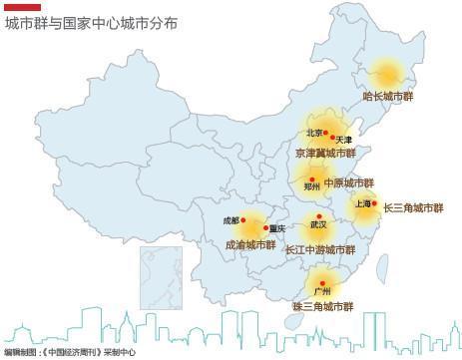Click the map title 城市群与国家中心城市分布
[91, 22]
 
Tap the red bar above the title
[22, 7]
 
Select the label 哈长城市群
[388, 97]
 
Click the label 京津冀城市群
[325, 154]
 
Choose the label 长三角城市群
[413, 208]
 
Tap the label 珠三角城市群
[323, 305]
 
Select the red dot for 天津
[334, 138]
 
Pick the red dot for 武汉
[319, 215]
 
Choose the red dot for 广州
[322, 282]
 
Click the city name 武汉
[318, 225]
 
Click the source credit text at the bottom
[69, 352]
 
